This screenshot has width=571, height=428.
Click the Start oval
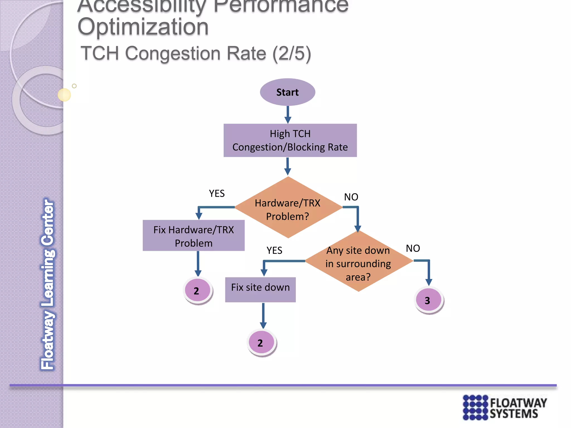coord(287,92)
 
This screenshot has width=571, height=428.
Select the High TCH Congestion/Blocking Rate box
coord(290,140)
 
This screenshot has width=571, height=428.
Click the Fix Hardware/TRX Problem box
coord(193,236)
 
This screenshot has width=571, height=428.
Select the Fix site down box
coord(260,289)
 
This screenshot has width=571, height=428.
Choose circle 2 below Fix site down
coord(261,342)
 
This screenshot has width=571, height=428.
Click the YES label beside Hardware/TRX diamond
coord(217,193)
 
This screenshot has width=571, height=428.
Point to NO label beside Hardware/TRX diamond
coord(351,197)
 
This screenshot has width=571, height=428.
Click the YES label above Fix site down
coord(274,250)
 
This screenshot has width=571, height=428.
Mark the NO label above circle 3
coord(413,248)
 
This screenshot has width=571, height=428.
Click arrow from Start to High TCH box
coord(288,115)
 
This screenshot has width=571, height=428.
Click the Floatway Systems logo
coord(505,407)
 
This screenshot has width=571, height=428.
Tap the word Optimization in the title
coord(143,27)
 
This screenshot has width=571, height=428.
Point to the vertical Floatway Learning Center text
coord(48,284)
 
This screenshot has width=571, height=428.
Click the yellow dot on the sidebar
coord(64,95)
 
